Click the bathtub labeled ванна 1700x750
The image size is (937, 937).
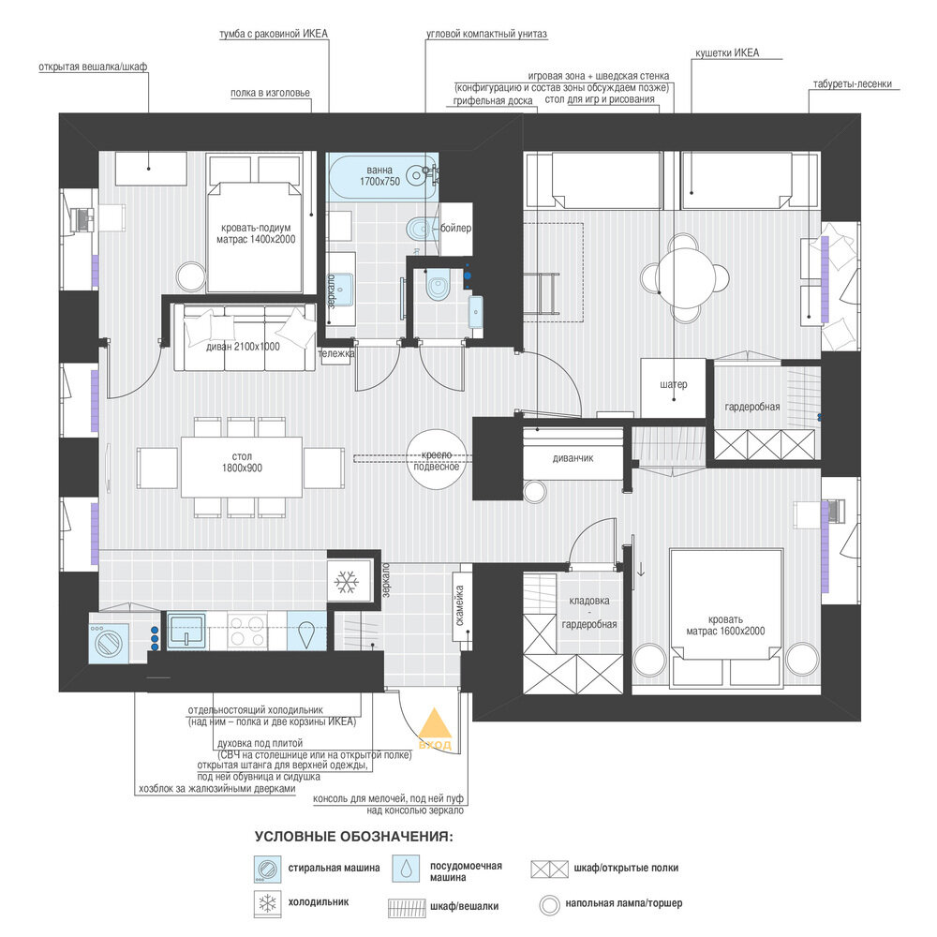pyautogui.click(x=382, y=176)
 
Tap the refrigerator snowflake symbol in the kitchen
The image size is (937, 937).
pyautogui.click(x=346, y=582)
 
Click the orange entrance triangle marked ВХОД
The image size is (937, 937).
pyautogui.click(x=435, y=723)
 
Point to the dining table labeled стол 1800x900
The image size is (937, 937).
pyautogui.click(x=242, y=467)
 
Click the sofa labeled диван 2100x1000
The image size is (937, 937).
pyautogui.click(x=244, y=337)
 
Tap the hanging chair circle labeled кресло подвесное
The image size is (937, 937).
pyautogui.click(x=437, y=460)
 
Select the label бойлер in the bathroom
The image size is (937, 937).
pyautogui.click(x=455, y=228)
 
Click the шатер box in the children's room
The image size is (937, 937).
pyautogui.click(x=674, y=388)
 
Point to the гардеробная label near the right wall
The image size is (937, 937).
pyautogui.click(x=752, y=407)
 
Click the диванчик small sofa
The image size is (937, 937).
pyautogui.click(x=573, y=458)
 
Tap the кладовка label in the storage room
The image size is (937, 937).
pyautogui.click(x=589, y=601)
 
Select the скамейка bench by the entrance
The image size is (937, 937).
pyautogui.click(x=462, y=606)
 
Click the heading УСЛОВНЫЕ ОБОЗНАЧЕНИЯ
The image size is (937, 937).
pyautogui.click(x=354, y=836)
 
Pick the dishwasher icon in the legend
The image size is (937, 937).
pyautogui.click(x=406, y=869)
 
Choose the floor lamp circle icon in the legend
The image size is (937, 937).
pyautogui.click(x=549, y=905)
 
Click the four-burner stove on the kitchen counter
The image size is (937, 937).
pyautogui.click(x=246, y=631)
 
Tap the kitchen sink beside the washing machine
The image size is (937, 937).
pyautogui.click(x=186, y=631)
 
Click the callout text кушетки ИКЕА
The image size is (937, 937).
pyautogui.click(x=727, y=52)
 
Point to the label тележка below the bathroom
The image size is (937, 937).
pyautogui.click(x=335, y=354)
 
